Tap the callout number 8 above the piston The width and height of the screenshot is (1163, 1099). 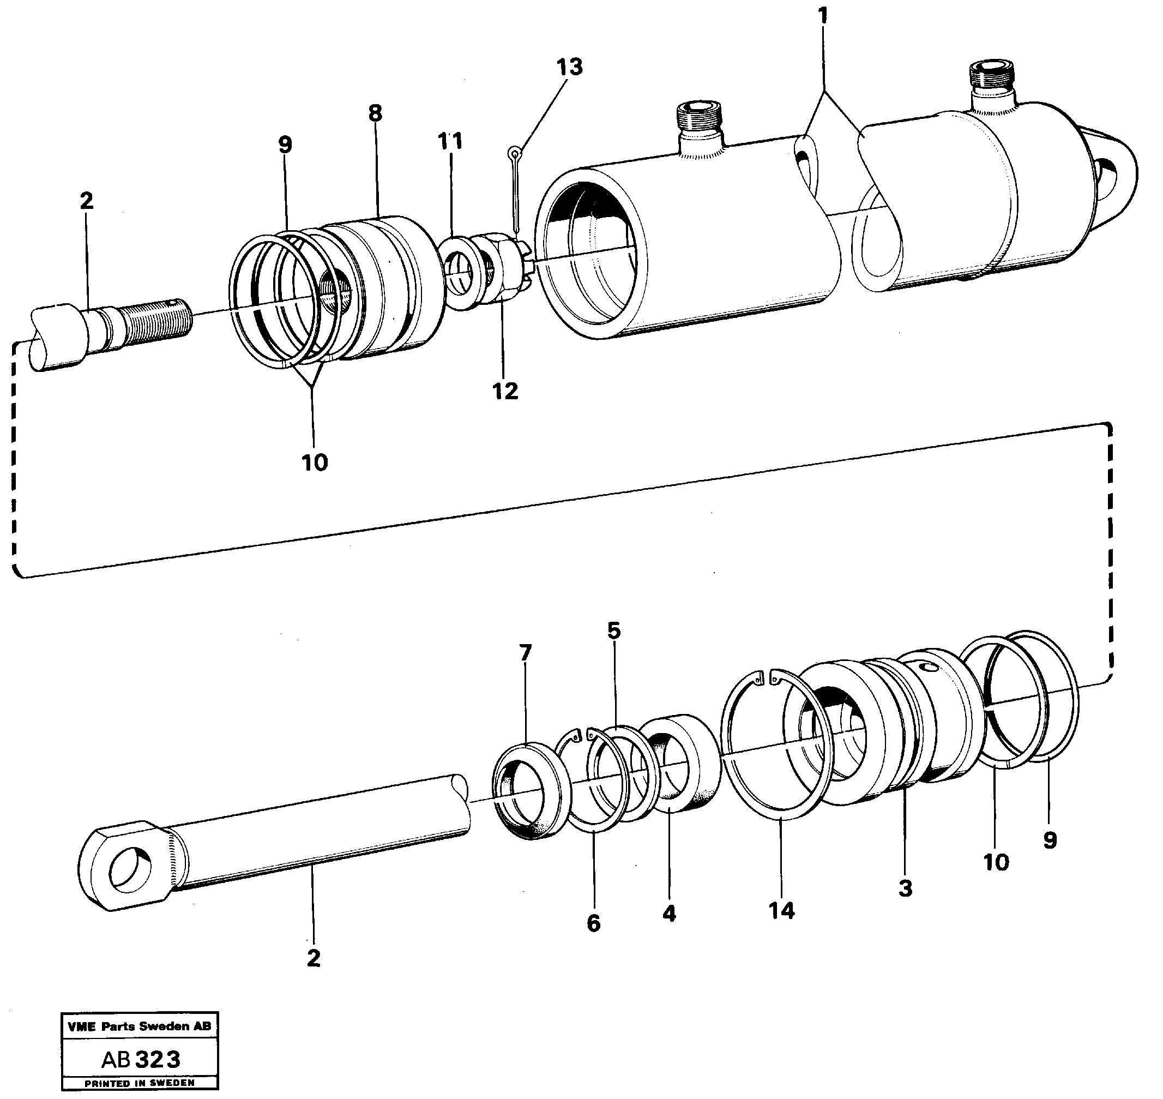tap(375, 112)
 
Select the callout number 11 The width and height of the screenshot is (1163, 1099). tap(450, 141)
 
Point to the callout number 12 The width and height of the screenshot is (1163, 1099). tap(505, 391)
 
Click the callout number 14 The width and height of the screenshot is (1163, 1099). tap(782, 911)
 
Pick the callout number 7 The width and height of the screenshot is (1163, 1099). tap(525, 653)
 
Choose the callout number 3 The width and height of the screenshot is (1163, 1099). tap(905, 888)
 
